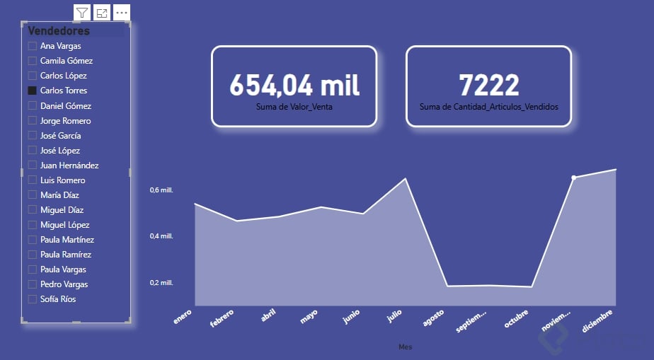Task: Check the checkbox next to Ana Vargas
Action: (x=32, y=46)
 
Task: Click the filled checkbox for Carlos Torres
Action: (x=32, y=91)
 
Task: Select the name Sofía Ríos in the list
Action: (x=58, y=299)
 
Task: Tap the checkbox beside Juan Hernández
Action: (x=32, y=165)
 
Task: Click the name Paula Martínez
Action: (x=67, y=240)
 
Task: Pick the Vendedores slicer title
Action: (x=59, y=31)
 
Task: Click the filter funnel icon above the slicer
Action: (x=82, y=13)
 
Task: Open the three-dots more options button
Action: (x=122, y=13)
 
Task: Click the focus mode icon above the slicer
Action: (x=102, y=13)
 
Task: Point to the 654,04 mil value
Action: (x=294, y=85)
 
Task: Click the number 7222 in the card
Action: (x=489, y=85)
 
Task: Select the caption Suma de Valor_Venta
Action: (x=294, y=107)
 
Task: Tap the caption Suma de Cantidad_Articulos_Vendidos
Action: (x=489, y=107)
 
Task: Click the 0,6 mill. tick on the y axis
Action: (x=161, y=190)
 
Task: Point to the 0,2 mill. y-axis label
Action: (x=161, y=283)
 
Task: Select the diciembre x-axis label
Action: (x=598, y=320)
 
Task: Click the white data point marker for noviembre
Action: (x=574, y=178)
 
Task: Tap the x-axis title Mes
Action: (x=405, y=347)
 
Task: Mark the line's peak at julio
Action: (x=406, y=178)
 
